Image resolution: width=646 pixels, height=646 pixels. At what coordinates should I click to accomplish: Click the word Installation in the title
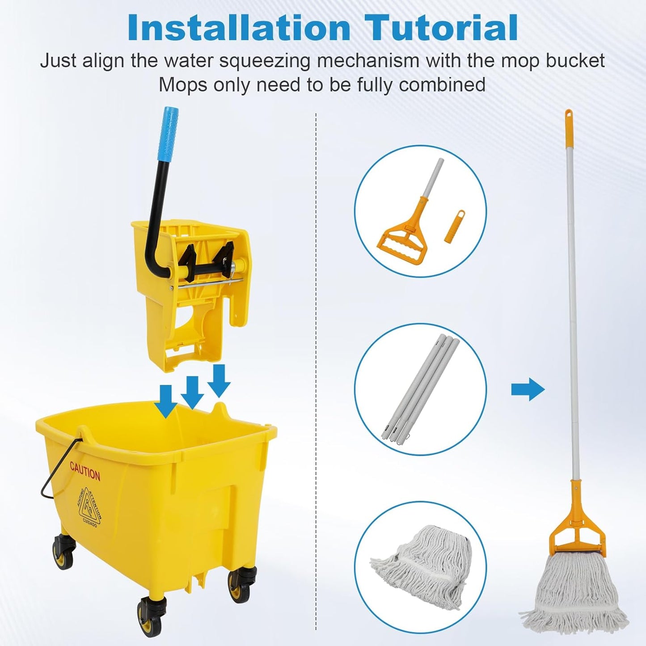[x=239, y=28]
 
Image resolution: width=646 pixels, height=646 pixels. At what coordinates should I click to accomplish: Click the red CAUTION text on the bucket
[x=85, y=472]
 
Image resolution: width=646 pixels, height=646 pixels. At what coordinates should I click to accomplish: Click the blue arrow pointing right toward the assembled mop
[x=528, y=389]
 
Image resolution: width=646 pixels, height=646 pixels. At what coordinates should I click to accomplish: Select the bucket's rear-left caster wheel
[x=63, y=552]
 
